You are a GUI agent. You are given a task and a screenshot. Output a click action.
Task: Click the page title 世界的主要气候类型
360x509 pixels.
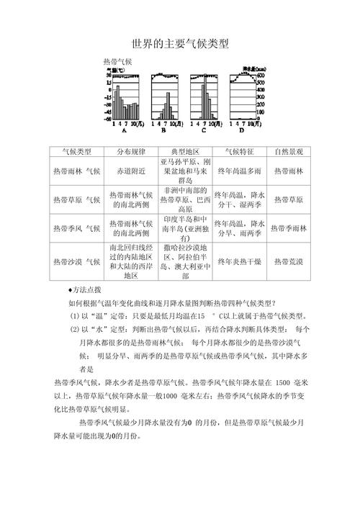click(x=180, y=44)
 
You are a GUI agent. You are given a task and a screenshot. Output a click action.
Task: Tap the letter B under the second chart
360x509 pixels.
click(x=163, y=132)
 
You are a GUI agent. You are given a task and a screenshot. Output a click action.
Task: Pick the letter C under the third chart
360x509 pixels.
click(x=203, y=132)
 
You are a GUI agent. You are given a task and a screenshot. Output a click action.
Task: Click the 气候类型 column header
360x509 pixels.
click(x=77, y=152)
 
